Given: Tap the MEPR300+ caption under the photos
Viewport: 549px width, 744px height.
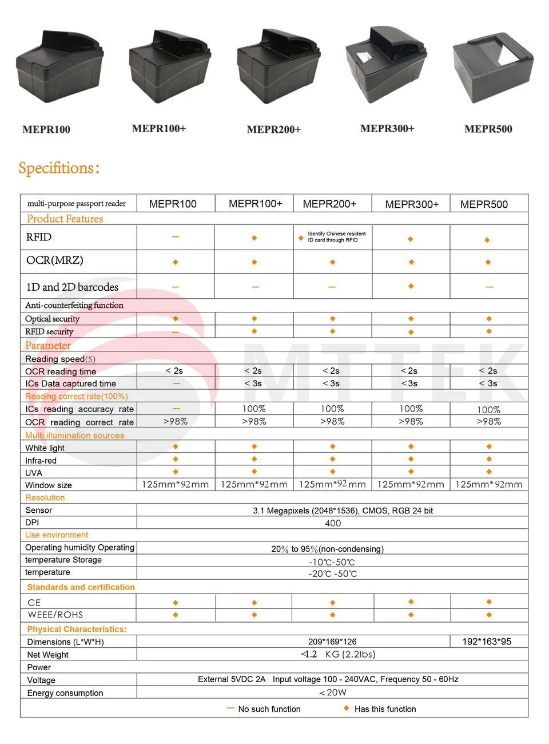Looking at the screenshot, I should (x=387, y=129).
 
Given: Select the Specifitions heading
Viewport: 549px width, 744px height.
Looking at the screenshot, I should (x=59, y=168).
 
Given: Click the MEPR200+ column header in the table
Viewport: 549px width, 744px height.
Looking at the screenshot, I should (x=329, y=204).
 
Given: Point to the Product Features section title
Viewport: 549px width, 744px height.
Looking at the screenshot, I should (x=65, y=219).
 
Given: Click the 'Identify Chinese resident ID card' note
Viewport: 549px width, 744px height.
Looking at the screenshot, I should (x=336, y=237).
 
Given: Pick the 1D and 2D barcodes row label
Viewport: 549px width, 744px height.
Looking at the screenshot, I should (x=72, y=287).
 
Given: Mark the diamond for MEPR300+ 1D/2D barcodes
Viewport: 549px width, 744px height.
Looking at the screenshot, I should (x=411, y=286).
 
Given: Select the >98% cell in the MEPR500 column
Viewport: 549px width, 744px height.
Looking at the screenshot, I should (x=488, y=422).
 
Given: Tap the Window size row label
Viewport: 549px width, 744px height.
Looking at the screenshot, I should (x=49, y=485).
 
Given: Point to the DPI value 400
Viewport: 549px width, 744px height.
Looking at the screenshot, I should (x=333, y=523).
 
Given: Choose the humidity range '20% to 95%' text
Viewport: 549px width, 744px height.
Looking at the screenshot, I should (x=327, y=549).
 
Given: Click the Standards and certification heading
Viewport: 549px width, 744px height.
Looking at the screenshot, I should (x=81, y=587).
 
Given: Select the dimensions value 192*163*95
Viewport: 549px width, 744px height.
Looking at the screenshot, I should (x=487, y=642).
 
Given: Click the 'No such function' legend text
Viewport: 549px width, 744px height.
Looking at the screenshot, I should (x=269, y=709).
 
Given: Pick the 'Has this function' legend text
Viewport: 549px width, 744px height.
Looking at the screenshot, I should (x=385, y=709).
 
